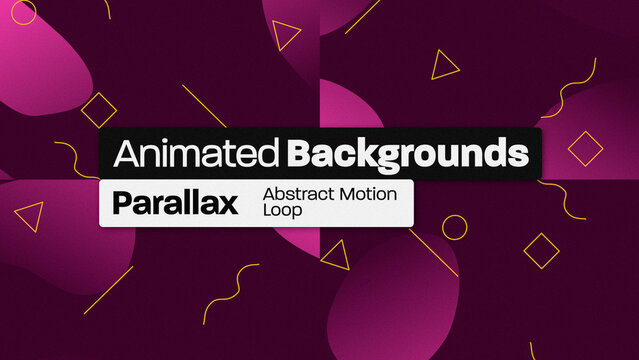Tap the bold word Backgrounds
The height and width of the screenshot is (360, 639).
[406, 155]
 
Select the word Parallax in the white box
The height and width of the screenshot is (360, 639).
[175, 203]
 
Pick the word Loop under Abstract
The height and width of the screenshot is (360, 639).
[280, 211]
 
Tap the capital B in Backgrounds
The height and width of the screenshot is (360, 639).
[297, 154]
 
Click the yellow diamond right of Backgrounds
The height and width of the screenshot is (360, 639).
[586, 149]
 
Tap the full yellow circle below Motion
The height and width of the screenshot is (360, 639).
[455, 228]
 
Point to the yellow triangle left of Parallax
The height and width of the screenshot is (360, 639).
[31, 216]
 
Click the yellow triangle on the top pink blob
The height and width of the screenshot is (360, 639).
[287, 37]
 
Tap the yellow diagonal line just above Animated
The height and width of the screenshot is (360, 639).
[204, 105]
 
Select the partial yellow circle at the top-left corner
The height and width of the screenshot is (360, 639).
[22, 10]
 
